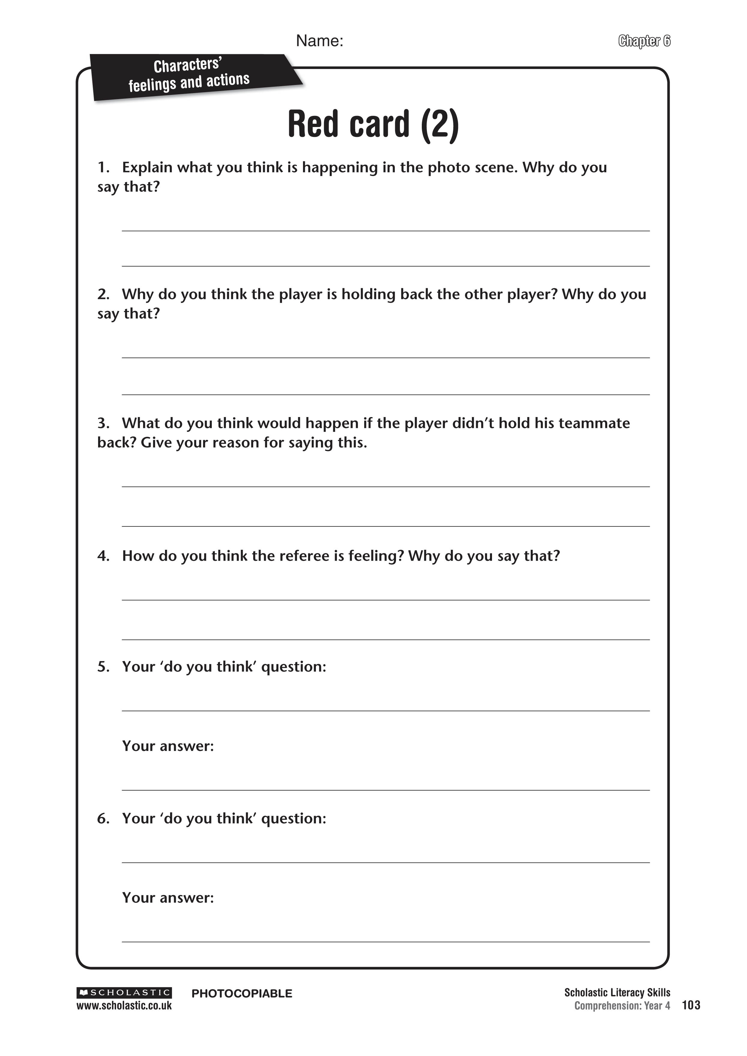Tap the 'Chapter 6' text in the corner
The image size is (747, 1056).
point(644,41)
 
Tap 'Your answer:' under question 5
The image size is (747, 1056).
point(168,746)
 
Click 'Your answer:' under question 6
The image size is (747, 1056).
point(168,898)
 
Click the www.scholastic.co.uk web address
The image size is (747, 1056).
point(124,1006)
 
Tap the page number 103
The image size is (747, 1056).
point(691,1005)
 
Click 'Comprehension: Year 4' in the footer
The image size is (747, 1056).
point(622,1006)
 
